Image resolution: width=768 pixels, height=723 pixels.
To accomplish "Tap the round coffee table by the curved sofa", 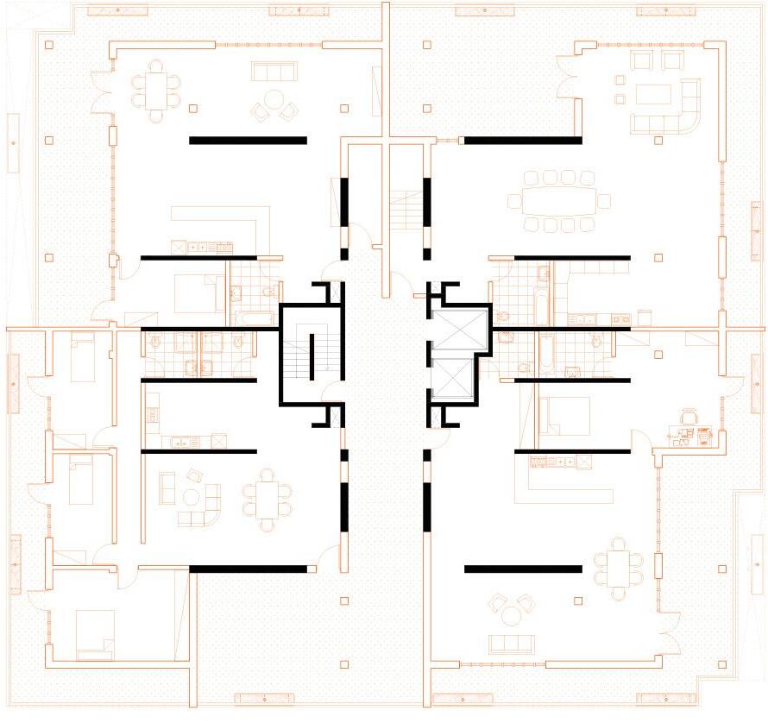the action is point(209,495).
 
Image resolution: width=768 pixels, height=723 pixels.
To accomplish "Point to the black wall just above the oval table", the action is point(520,140).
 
